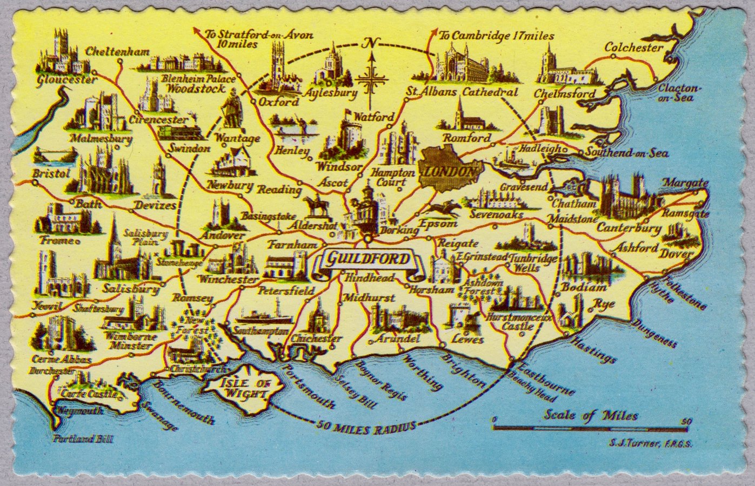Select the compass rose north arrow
[x=371, y=76]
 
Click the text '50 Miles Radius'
[x=368, y=427]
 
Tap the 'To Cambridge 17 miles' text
[x=496, y=36]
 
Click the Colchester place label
[x=633, y=48]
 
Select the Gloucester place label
[x=67, y=80]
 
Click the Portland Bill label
[x=83, y=439]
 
